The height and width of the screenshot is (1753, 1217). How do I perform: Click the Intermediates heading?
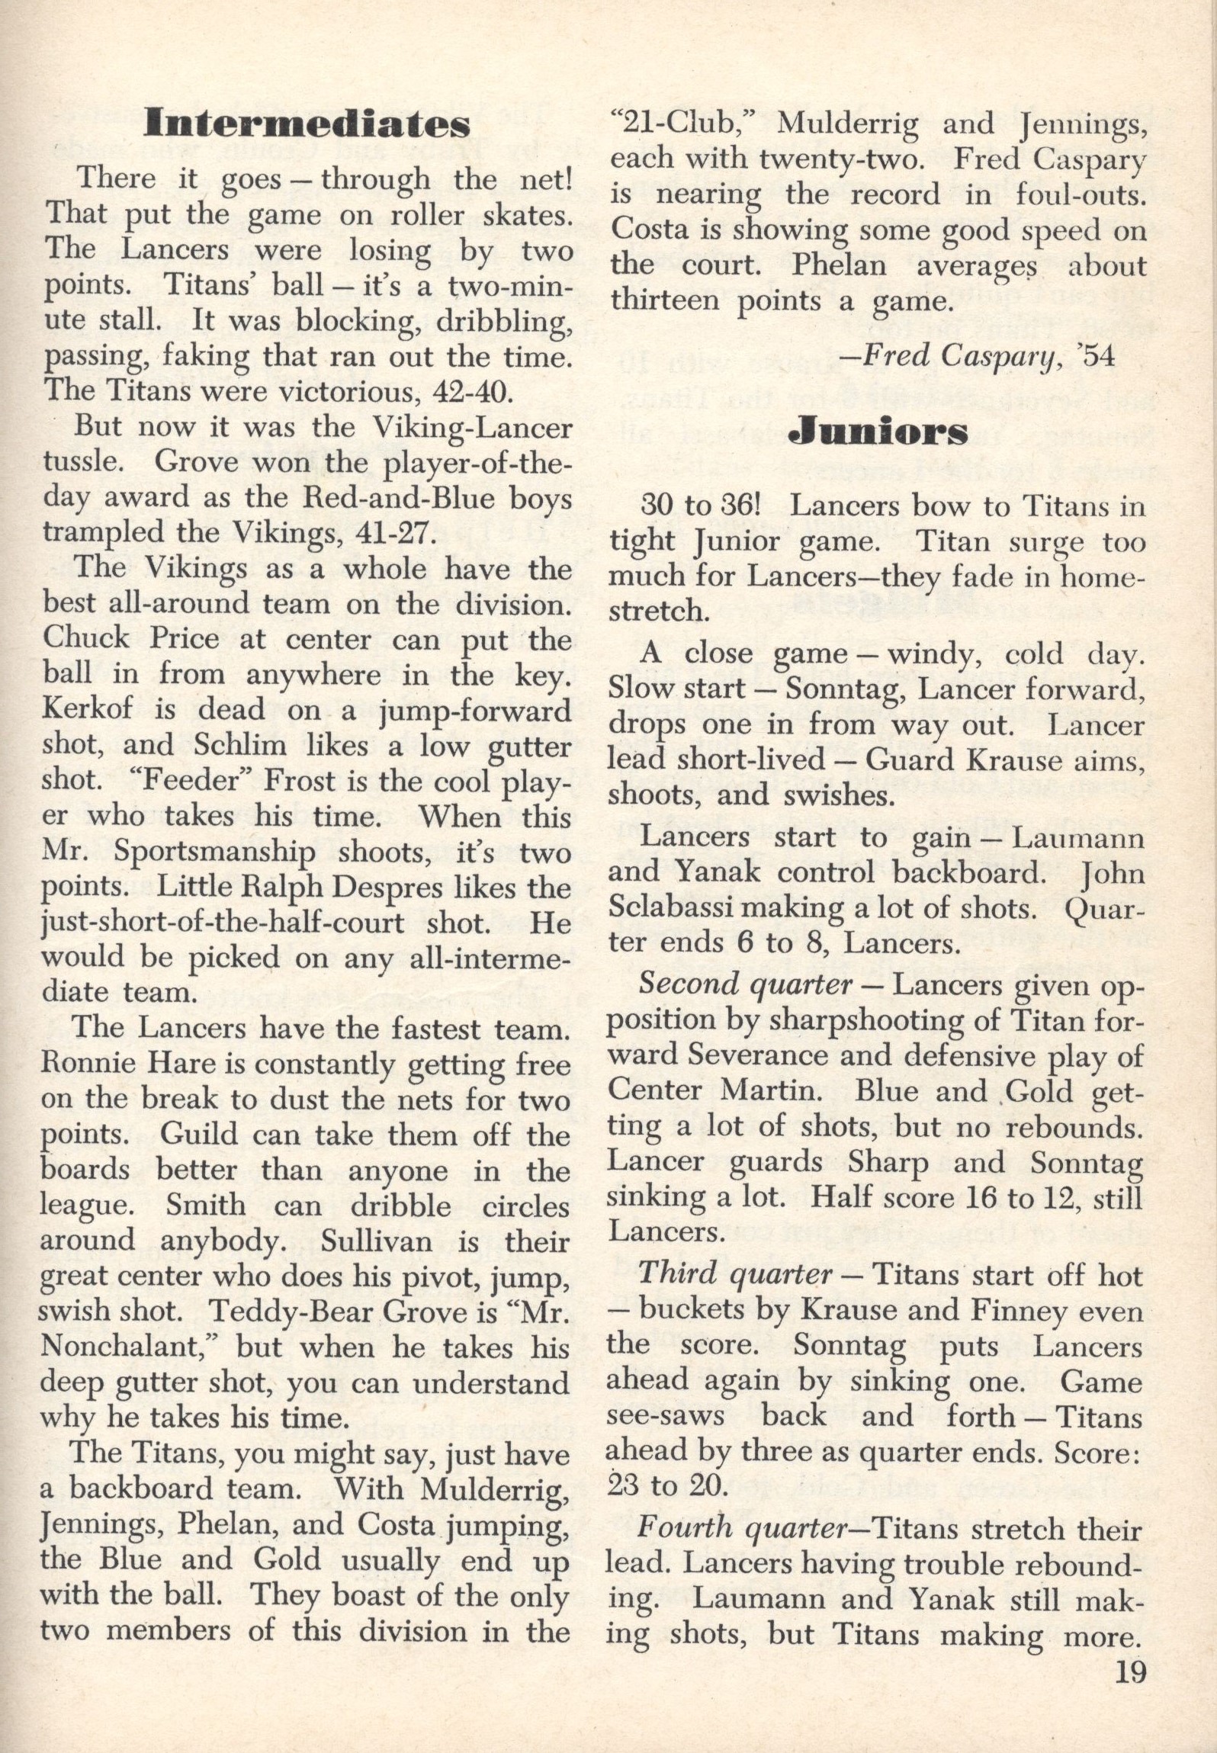(307, 124)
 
